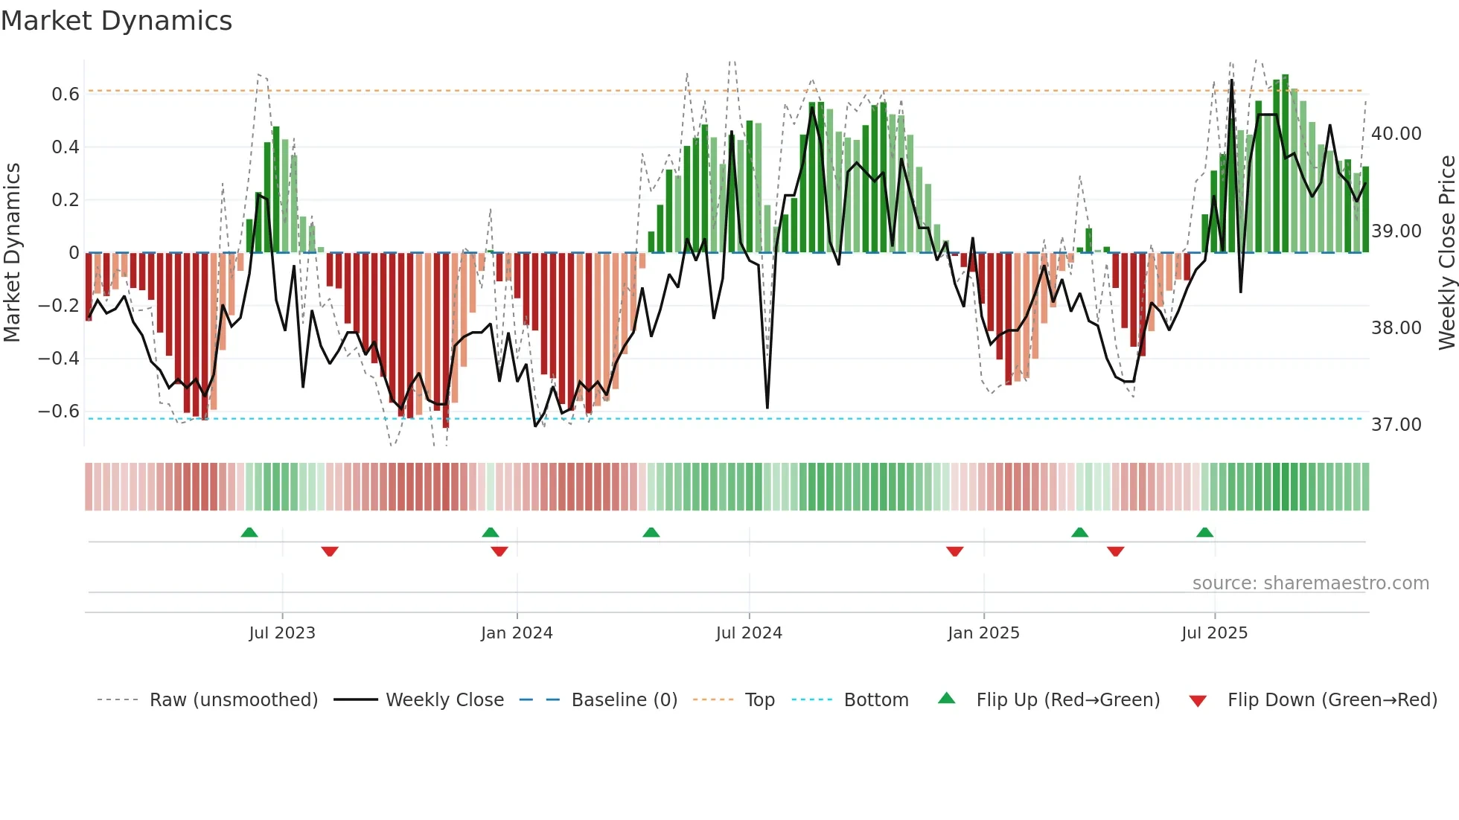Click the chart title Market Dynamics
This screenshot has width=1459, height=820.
(x=117, y=21)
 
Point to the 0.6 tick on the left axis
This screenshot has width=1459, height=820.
(x=66, y=95)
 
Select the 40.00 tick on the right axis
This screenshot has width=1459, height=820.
(x=1396, y=134)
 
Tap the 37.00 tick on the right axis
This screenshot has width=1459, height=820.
(x=1396, y=425)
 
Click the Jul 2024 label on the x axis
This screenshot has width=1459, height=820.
(x=749, y=633)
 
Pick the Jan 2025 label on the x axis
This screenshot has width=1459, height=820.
(x=983, y=633)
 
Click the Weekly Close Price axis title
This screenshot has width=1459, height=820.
(x=1446, y=253)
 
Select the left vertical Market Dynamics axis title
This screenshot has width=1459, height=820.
(x=12, y=253)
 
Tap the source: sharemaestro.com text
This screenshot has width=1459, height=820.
(x=1310, y=583)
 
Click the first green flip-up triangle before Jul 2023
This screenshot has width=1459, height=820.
(x=249, y=533)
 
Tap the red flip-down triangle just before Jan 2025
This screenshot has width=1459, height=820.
(x=955, y=551)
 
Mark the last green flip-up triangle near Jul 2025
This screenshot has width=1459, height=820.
(x=1204, y=533)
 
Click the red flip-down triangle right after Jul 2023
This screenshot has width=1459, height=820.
(x=330, y=551)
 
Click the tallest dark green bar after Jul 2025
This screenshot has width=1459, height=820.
(x=1286, y=164)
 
